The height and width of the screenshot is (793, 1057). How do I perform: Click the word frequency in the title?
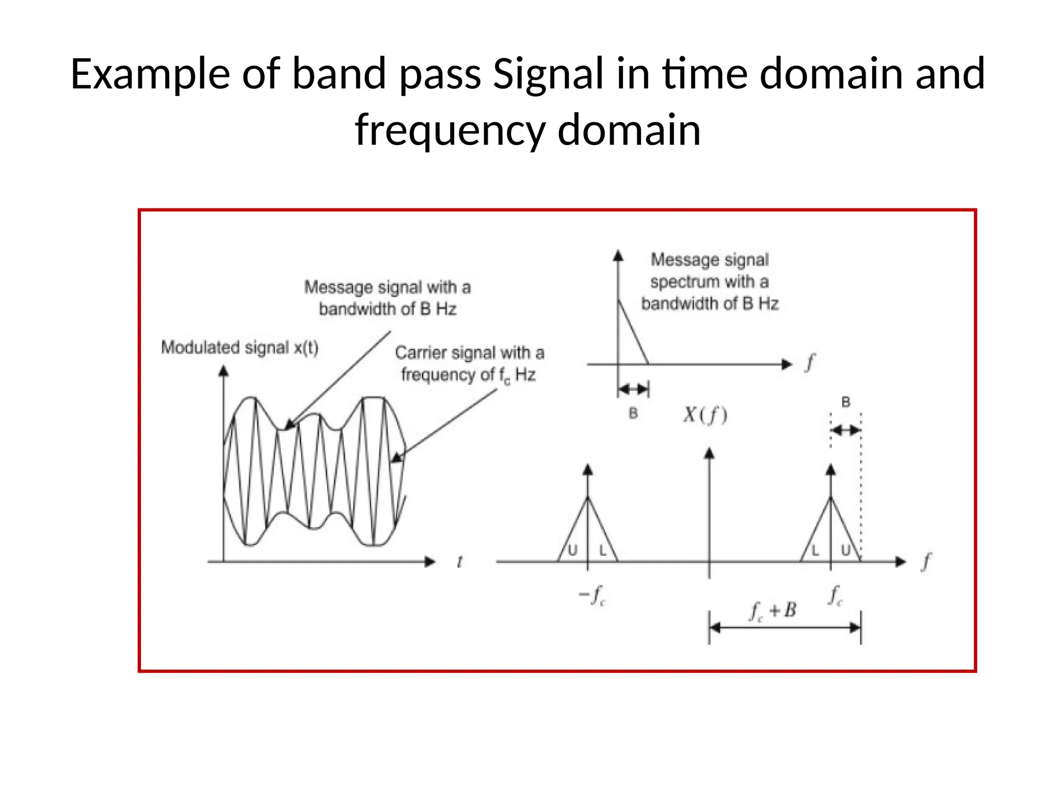pos(450,130)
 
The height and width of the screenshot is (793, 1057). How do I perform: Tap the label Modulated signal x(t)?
pos(239,347)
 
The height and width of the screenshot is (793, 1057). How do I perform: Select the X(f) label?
pos(705,415)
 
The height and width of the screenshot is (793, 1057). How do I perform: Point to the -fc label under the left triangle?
pos(591,595)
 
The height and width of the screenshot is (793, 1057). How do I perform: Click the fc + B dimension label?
pos(773,611)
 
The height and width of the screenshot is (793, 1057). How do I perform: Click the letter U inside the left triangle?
pos(572,551)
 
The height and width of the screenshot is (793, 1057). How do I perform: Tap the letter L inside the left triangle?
pos(602,551)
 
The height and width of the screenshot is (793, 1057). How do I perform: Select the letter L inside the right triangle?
pos(815,551)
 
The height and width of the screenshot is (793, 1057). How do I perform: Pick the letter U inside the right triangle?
pos(846,551)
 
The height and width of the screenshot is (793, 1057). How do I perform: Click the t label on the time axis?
pos(459,561)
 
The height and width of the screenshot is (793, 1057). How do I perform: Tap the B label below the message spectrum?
pos(633,414)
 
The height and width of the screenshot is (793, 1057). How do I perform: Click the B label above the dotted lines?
pos(845,402)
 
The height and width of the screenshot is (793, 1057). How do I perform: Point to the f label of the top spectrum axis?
pos(810,362)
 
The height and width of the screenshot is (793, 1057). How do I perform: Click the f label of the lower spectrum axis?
pos(926,561)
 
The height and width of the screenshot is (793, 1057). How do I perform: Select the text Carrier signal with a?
pos(469,353)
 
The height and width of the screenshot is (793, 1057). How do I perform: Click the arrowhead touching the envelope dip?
pos(290,424)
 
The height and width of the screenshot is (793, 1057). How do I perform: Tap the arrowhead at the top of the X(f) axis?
pos(709,453)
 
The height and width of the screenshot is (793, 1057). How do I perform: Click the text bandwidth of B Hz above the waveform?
pos(387,309)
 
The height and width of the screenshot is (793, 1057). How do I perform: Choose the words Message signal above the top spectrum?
pos(709,259)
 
